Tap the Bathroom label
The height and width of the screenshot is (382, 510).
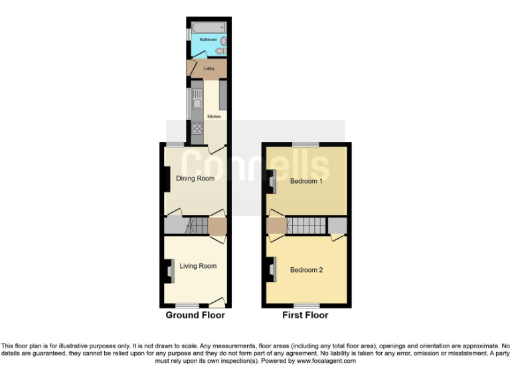coord(209,40)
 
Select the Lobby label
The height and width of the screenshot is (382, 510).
coord(209,68)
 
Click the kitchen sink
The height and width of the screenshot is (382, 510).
coord(197,101)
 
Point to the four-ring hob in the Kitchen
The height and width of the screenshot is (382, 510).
coord(197,129)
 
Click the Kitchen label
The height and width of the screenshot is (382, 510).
coord(214,117)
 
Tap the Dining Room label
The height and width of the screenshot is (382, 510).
coord(195,178)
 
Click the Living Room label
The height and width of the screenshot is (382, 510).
coord(198,266)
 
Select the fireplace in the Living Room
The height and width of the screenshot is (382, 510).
coord(163,269)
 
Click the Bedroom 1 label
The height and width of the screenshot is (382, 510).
coord(306,181)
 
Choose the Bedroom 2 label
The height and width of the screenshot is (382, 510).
coord(306,270)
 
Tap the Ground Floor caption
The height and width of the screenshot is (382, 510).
coord(195,315)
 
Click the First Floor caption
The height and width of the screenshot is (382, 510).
coord(305,315)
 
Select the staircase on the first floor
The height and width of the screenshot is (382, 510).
coord(307,225)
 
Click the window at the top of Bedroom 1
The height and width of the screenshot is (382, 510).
coord(306,144)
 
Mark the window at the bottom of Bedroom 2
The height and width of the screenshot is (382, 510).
coord(306,306)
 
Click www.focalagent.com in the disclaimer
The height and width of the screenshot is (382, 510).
coord(326,361)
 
